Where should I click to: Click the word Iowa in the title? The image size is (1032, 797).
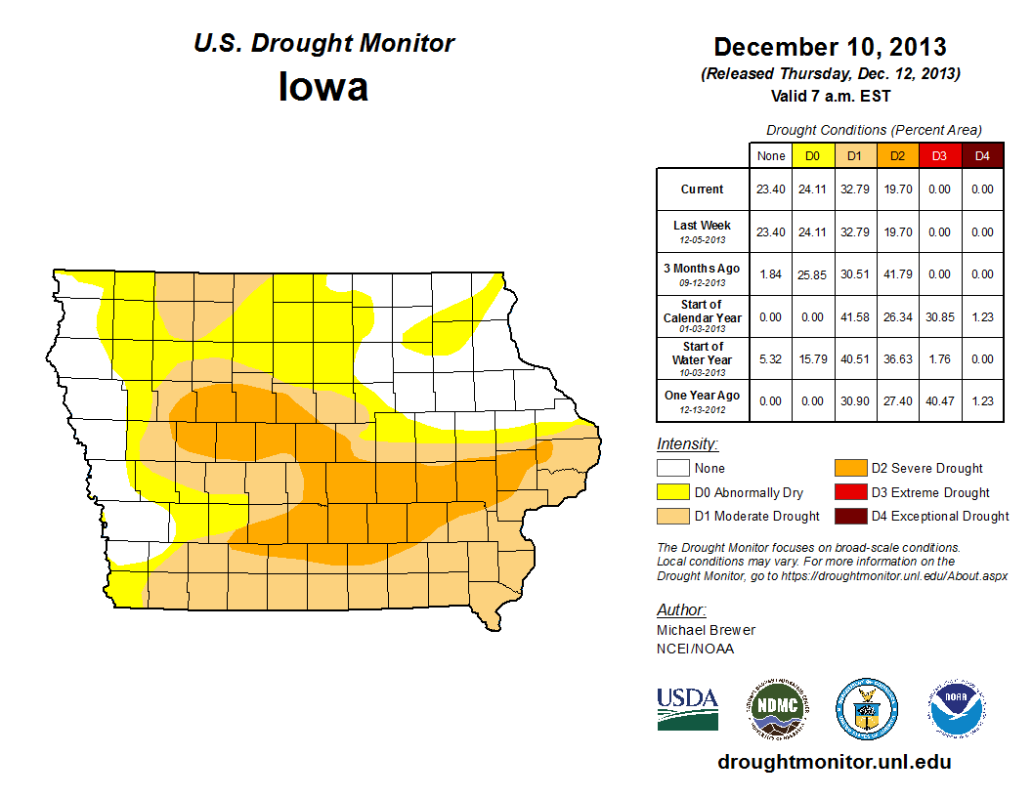click(323, 87)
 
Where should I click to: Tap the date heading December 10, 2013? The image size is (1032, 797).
click(830, 47)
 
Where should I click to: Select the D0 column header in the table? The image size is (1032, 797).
click(812, 156)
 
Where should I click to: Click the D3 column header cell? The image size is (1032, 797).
click(939, 156)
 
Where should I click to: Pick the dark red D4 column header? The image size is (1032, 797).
click(982, 156)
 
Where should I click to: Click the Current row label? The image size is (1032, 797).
click(703, 189)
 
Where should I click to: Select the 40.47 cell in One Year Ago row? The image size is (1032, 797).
click(939, 402)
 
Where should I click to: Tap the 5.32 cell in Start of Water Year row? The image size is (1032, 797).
click(771, 359)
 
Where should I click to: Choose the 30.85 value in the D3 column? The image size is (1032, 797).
click(939, 317)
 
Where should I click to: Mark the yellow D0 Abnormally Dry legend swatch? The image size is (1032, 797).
click(672, 492)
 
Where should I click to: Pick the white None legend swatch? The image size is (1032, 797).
click(672, 469)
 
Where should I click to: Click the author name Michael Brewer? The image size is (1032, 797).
click(706, 630)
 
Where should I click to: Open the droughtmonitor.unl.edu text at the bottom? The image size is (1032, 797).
click(834, 762)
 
